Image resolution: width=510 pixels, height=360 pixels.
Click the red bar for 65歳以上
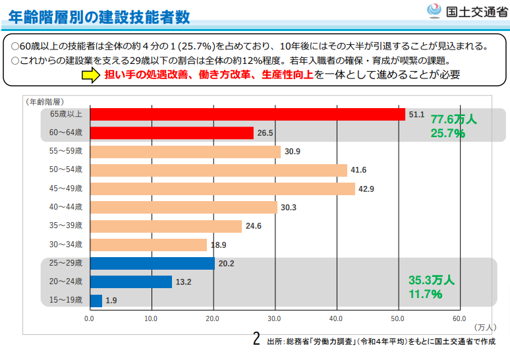point(247,114)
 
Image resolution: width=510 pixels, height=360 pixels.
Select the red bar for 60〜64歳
point(171,133)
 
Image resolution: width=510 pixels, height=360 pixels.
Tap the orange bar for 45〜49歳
point(222,189)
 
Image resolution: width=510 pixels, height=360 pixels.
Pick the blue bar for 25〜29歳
point(152,263)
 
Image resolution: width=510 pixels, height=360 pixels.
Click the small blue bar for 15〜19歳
point(96,301)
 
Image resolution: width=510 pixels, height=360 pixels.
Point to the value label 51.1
point(416,114)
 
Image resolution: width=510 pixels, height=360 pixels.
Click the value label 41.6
point(358,170)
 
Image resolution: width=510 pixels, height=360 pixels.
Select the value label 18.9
point(218,245)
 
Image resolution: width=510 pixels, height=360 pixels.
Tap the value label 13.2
point(183,282)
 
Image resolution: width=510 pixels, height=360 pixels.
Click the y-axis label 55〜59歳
point(67,151)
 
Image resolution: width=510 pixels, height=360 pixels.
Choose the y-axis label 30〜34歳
point(67,245)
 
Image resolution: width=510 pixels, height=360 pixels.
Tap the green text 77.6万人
point(453,120)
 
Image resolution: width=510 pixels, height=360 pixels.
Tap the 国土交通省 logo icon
point(434,11)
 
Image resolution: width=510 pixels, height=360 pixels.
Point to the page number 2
point(257,340)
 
